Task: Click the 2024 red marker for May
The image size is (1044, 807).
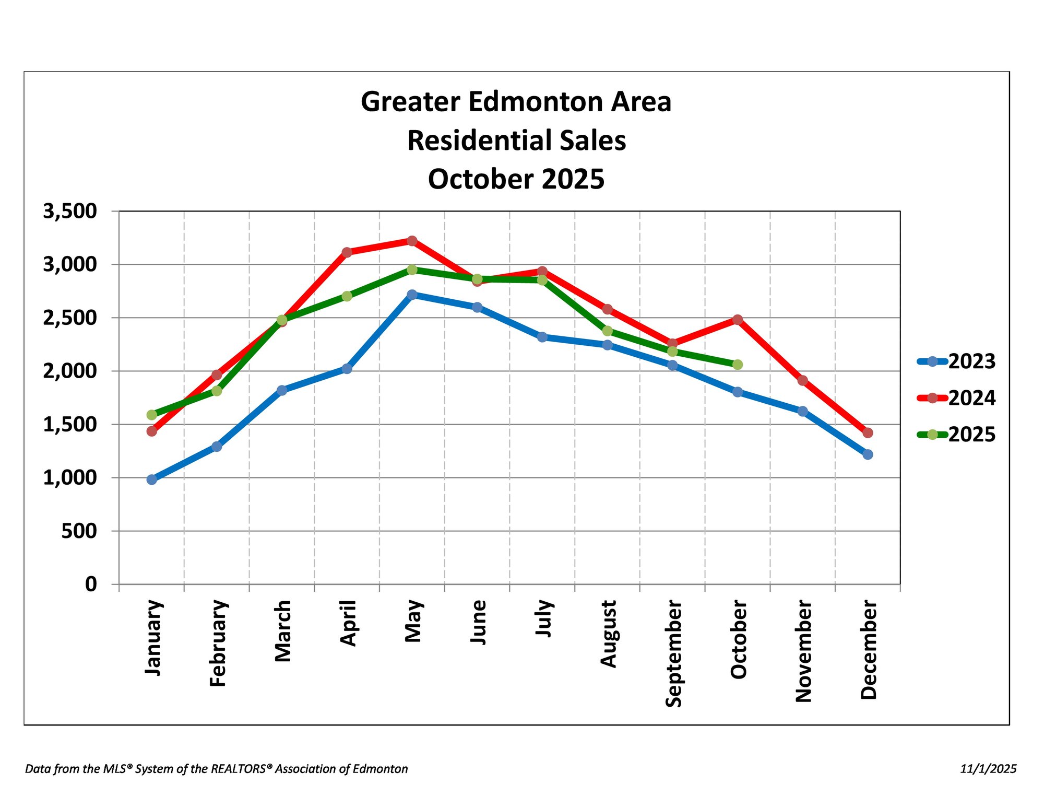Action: pyautogui.click(x=412, y=241)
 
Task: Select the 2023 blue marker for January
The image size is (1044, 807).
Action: pyautogui.click(x=152, y=479)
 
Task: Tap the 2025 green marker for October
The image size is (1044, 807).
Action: pyautogui.click(x=738, y=365)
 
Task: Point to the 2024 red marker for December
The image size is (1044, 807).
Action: pyautogui.click(x=868, y=432)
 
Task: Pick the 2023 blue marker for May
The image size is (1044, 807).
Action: pyautogui.click(x=412, y=295)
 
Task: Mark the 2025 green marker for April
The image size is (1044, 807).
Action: pyautogui.click(x=347, y=296)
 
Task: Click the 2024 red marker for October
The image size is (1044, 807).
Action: pyautogui.click(x=738, y=320)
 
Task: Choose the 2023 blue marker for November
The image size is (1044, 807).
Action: pyautogui.click(x=803, y=411)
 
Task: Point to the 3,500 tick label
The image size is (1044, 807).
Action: pyautogui.click(x=70, y=211)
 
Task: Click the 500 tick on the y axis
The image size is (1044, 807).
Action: pyautogui.click(x=79, y=531)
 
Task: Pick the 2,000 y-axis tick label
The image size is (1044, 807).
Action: pyautogui.click(x=70, y=371)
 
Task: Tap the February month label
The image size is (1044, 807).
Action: pyautogui.click(x=218, y=644)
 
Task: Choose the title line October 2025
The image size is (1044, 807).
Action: pyautogui.click(x=516, y=179)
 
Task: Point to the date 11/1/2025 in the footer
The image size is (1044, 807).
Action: pyautogui.click(x=988, y=769)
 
